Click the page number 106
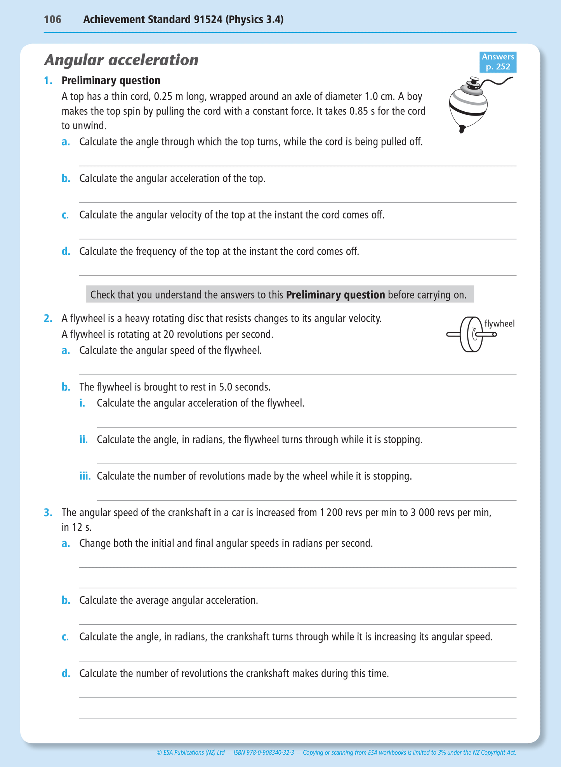tap(52, 19)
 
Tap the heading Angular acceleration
tap(121, 60)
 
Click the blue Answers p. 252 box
tap(498, 62)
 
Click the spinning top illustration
tap(470, 105)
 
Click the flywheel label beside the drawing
tap(499, 323)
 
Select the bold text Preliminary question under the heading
tap(111, 80)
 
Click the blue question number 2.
tap(48, 318)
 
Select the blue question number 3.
tap(48, 513)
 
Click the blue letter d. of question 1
tap(66, 251)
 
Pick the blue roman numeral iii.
tap(85, 476)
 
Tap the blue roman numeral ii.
tap(83, 439)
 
